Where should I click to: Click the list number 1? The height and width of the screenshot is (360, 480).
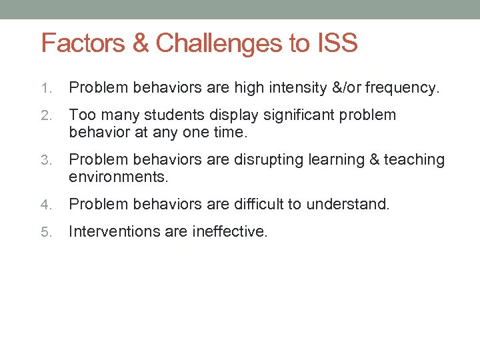click(x=45, y=88)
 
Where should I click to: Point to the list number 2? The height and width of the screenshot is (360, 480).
click(x=45, y=115)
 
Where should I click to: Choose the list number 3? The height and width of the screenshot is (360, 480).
click(x=45, y=160)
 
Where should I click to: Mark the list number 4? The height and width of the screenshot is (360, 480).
click(x=45, y=205)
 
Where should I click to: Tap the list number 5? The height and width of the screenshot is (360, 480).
click(x=45, y=232)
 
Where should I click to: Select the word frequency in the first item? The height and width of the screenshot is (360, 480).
click(x=401, y=88)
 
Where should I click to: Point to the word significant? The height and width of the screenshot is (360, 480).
click(x=305, y=115)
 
